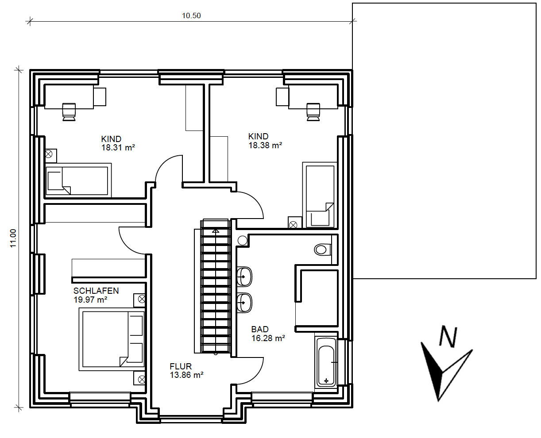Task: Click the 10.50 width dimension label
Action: (x=191, y=16)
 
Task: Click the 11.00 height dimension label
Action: (x=13, y=238)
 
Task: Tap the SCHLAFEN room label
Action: (x=96, y=291)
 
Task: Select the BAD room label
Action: (x=260, y=330)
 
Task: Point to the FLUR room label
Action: (x=181, y=366)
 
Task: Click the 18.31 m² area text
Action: (x=118, y=147)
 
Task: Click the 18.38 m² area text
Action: (x=265, y=146)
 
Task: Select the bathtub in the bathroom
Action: (x=326, y=362)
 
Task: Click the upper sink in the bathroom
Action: (x=244, y=277)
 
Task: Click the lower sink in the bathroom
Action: (x=244, y=303)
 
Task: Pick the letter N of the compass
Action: (x=448, y=337)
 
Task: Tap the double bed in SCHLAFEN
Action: (x=112, y=339)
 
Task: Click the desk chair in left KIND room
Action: (x=69, y=112)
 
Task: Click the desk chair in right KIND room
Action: (x=313, y=112)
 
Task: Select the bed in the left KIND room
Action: (x=78, y=180)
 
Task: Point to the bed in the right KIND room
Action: (x=320, y=195)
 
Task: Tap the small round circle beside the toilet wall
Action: (x=243, y=240)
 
